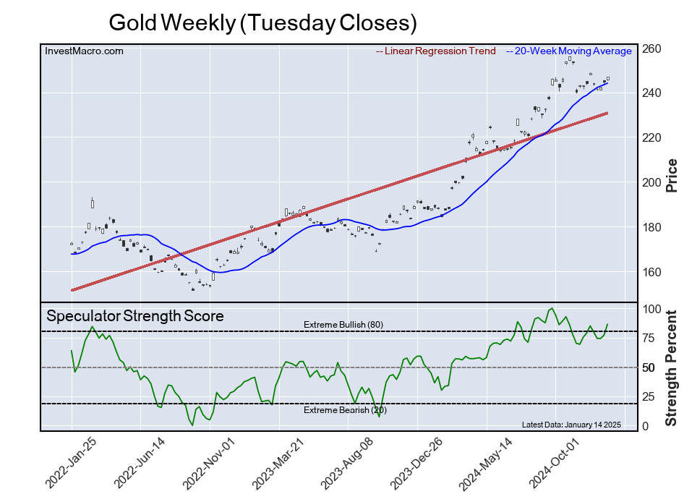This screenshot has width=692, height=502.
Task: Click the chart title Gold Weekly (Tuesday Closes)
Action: coord(262,22)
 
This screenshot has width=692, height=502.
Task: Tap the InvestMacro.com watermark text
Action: coord(84,51)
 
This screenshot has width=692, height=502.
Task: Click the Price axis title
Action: coord(672,175)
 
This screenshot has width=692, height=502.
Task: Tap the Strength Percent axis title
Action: coord(672,367)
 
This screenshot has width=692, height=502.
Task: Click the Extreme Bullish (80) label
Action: coord(343,325)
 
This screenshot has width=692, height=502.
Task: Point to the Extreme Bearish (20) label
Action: coord(344,410)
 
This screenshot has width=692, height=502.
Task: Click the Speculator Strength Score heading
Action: coord(135,316)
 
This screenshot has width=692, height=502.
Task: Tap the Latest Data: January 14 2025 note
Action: coord(571,425)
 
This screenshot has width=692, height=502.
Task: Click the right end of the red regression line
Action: coord(606,113)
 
